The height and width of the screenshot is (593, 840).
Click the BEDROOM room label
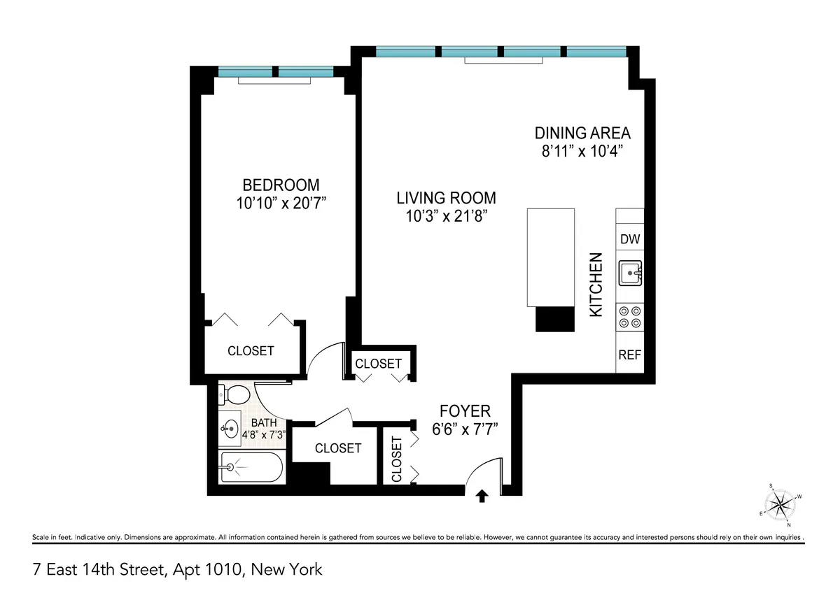281,185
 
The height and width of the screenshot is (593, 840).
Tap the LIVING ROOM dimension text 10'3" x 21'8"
446,216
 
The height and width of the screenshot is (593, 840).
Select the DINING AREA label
582,133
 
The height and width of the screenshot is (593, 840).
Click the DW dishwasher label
630,239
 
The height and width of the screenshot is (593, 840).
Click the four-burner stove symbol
629,317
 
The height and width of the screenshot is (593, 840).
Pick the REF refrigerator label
629,355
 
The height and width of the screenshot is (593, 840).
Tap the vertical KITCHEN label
596,285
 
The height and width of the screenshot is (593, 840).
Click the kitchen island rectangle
550,257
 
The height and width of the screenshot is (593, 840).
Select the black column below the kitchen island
554,319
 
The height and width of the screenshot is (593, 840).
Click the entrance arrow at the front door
482,496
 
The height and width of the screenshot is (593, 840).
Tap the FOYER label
465,410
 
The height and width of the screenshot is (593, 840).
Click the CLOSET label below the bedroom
251,350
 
